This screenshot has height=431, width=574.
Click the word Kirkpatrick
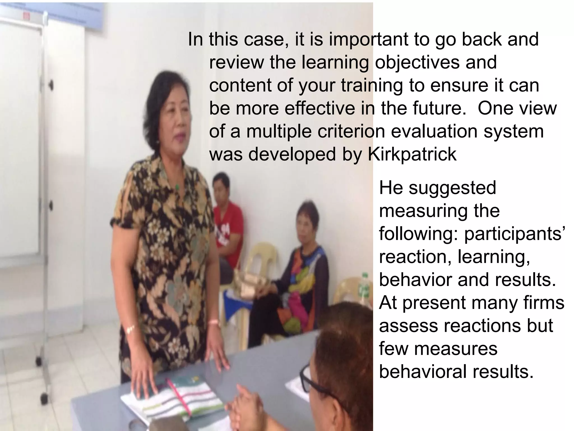(x=412, y=154)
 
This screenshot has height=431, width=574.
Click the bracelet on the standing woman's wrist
(x=130, y=330)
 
